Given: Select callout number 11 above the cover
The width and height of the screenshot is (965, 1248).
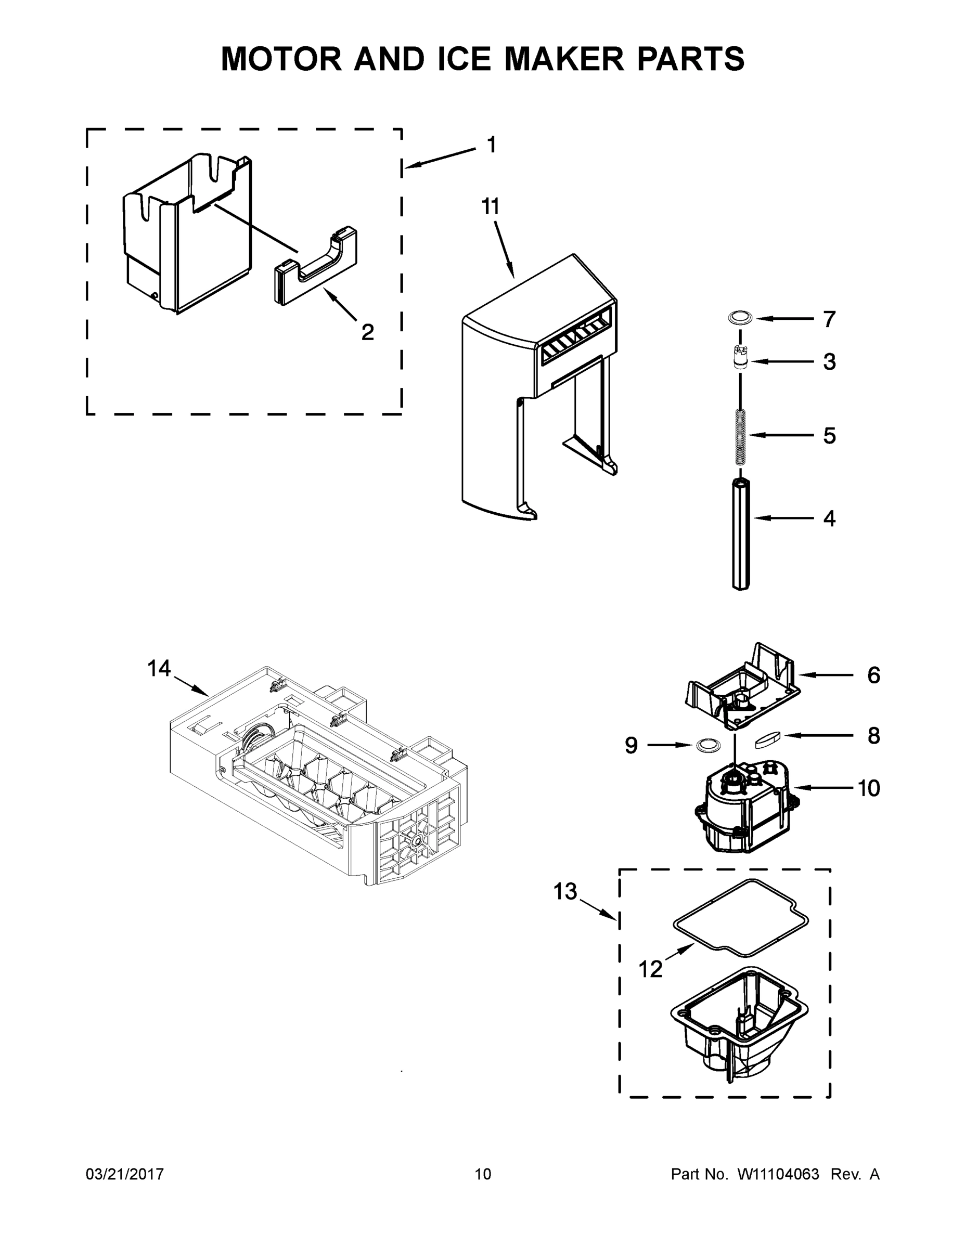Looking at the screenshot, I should pyautogui.click(x=490, y=206).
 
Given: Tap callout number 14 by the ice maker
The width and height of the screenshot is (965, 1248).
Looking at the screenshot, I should pyautogui.click(x=159, y=668).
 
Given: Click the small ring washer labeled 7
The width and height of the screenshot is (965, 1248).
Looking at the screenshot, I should pyautogui.click(x=740, y=318).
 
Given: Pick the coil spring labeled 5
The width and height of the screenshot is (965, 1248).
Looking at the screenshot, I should pyautogui.click(x=740, y=437).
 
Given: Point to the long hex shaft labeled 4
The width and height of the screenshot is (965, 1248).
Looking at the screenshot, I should pyautogui.click(x=740, y=534).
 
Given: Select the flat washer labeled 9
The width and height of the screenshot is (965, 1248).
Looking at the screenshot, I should pyautogui.click(x=707, y=745).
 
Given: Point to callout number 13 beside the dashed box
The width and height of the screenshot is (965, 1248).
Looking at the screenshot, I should pyautogui.click(x=565, y=891).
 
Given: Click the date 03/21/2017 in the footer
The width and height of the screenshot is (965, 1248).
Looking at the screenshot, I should pyautogui.click(x=125, y=1174).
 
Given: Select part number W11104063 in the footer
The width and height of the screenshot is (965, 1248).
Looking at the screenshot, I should pyautogui.click(x=779, y=1174).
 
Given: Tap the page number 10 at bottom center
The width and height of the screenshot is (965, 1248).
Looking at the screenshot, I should pyautogui.click(x=483, y=1174).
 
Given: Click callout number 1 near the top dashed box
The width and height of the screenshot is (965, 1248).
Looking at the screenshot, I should pyautogui.click(x=491, y=145).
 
